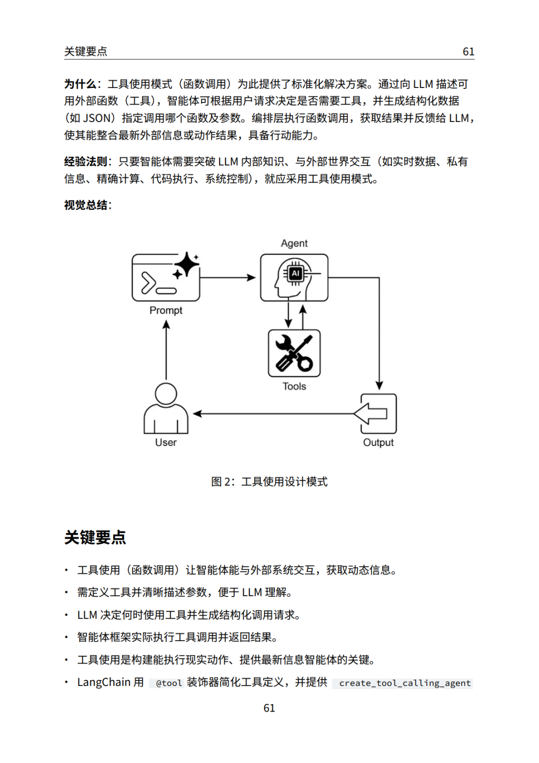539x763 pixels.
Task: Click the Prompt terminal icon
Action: click(166, 277)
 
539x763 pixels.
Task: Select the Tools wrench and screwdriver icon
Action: click(294, 353)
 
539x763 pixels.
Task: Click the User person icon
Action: click(166, 408)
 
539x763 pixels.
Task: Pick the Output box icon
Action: click(376, 414)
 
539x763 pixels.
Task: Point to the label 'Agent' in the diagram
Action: click(294, 243)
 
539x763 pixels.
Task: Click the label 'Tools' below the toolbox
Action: click(294, 386)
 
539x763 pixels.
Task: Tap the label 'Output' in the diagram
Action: click(378, 443)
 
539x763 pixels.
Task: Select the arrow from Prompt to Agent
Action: click(228, 278)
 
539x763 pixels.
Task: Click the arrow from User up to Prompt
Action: click(166, 350)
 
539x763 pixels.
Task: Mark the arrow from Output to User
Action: click(273, 414)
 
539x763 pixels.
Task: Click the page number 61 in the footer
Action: click(269, 708)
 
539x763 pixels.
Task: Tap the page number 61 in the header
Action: click(469, 51)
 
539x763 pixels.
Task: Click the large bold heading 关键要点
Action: click(95, 538)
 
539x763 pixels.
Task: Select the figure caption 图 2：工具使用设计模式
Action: click(269, 482)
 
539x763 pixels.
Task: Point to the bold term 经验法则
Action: click(86, 161)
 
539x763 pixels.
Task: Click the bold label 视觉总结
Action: click(86, 205)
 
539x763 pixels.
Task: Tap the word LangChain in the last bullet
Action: click(104, 682)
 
